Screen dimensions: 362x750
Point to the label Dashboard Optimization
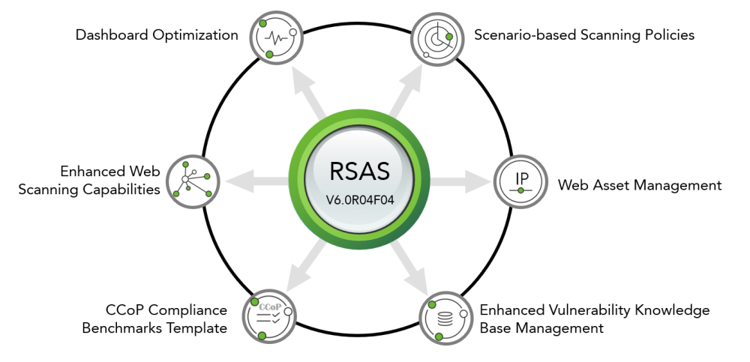point(157,35)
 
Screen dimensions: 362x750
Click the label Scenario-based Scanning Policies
point(584,35)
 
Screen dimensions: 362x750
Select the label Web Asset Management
point(640,185)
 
